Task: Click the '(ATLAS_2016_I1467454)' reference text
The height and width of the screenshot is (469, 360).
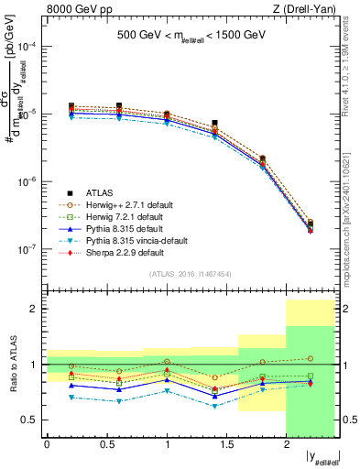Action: (x=191, y=274)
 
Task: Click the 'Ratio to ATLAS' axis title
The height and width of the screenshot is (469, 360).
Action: (x=13, y=364)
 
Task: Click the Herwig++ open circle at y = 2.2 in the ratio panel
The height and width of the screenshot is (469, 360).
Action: (x=311, y=358)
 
